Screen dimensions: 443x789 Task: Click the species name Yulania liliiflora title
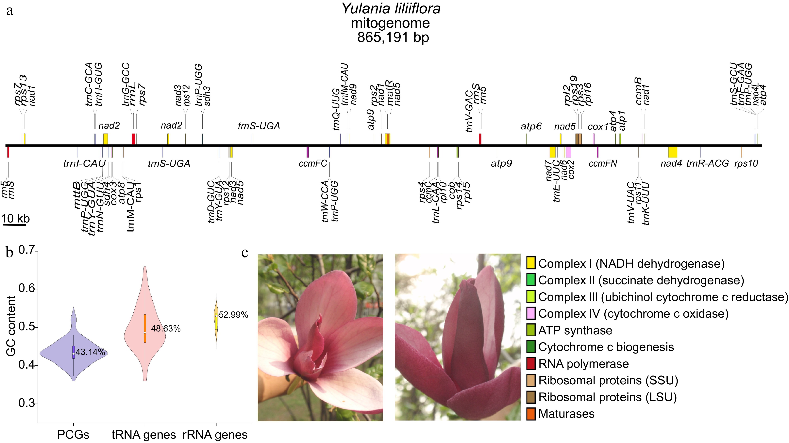point(391,8)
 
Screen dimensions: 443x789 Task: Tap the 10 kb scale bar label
point(15,219)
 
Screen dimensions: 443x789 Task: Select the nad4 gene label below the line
point(671,164)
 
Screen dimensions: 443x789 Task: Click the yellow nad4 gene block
point(673,152)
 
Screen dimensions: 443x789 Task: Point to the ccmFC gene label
point(313,164)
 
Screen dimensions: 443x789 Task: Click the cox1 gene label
point(597,126)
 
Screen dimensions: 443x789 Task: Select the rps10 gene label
point(746,164)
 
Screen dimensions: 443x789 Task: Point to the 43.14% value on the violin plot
point(90,352)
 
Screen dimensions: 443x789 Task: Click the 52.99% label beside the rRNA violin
point(233,315)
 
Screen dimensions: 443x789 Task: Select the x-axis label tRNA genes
point(144,435)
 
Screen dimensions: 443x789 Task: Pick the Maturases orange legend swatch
point(531,414)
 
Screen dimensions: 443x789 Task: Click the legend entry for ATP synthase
point(575,330)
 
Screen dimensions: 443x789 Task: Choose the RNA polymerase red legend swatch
point(531,364)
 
